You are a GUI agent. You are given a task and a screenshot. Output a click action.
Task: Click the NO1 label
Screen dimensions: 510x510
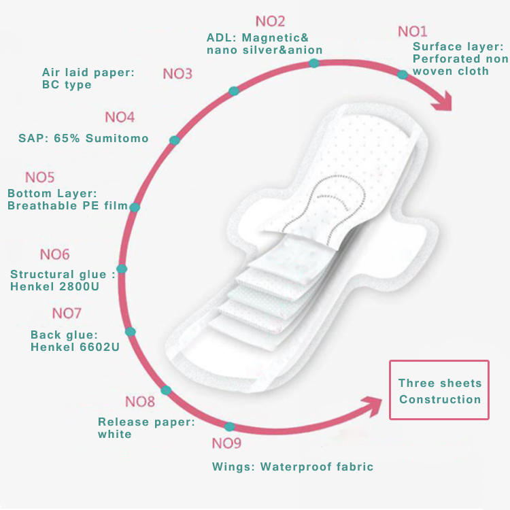[x=413, y=31]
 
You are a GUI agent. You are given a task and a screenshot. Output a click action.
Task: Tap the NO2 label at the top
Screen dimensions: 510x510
[x=270, y=22]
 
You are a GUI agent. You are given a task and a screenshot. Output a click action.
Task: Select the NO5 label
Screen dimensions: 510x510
[x=39, y=177]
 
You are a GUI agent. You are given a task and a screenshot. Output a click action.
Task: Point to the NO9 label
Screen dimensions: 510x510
[x=226, y=443]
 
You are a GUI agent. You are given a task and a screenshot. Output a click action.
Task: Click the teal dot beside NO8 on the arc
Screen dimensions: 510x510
[x=166, y=390]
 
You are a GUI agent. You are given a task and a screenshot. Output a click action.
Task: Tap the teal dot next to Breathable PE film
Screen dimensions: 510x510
[x=135, y=207]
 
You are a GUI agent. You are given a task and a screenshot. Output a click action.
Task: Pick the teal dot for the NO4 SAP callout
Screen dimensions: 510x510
[x=175, y=140]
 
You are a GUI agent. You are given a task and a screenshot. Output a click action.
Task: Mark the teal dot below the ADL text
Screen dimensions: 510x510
[x=314, y=63]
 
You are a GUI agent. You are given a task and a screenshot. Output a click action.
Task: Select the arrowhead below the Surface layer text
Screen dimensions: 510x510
[x=443, y=101]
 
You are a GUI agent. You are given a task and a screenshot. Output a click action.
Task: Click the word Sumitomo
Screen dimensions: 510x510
[x=117, y=138]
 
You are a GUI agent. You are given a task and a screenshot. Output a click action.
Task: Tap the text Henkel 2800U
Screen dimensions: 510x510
[x=54, y=286]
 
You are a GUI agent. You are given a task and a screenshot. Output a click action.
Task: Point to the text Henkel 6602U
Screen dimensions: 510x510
[x=75, y=347]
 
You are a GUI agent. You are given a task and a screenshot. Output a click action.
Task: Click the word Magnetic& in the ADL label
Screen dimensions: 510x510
[x=275, y=37]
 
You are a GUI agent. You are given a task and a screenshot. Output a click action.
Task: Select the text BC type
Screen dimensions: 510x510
[x=67, y=85]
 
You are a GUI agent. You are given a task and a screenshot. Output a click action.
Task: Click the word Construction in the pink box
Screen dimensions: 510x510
[x=440, y=399]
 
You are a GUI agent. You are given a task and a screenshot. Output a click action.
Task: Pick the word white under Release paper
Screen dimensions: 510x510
[x=114, y=435]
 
